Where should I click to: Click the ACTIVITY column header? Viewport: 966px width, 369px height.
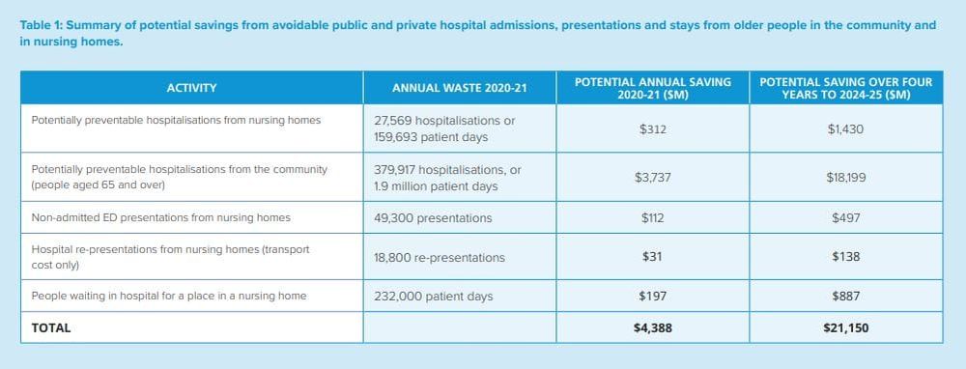click(x=191, y=88)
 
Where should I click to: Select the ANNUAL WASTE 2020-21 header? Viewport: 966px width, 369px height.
click(x=459, y=88)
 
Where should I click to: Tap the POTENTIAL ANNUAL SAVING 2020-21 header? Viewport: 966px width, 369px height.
click(x=653, y=88)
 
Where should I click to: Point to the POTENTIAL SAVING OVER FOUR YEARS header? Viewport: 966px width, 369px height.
click(x=846, y=88)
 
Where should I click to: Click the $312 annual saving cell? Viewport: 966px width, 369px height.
click(x=653, y=128)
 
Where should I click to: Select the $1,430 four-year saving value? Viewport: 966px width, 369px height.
click(x=846, y=128)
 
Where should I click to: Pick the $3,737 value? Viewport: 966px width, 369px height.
click(x=653, y=177)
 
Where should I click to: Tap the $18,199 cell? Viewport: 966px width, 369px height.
click(x=846, y=177)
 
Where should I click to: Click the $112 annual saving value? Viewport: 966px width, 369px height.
click(x=653, y=217)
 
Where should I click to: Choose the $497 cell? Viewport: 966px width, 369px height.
click(x=846, y=217)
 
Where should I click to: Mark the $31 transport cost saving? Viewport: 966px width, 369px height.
click(x=653, y=256)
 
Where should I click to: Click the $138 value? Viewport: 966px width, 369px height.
click(x=846, y=256)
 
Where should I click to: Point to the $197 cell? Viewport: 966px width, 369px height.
click(x=653, y=296)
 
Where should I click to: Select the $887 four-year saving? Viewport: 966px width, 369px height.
click(x=846, y=296)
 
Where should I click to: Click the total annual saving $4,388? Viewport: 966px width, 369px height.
click(x=653, y=327)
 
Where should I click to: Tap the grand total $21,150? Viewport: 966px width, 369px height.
click(x=846, y=327)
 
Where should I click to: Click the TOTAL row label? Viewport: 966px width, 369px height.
click(x=51, y=327)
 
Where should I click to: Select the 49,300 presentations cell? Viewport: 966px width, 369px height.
click(x=433, y=217)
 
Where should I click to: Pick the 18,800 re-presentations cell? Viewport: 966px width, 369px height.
click(x=440, y=257)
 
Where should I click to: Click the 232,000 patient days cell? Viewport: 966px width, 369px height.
click(x=433, y=296)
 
